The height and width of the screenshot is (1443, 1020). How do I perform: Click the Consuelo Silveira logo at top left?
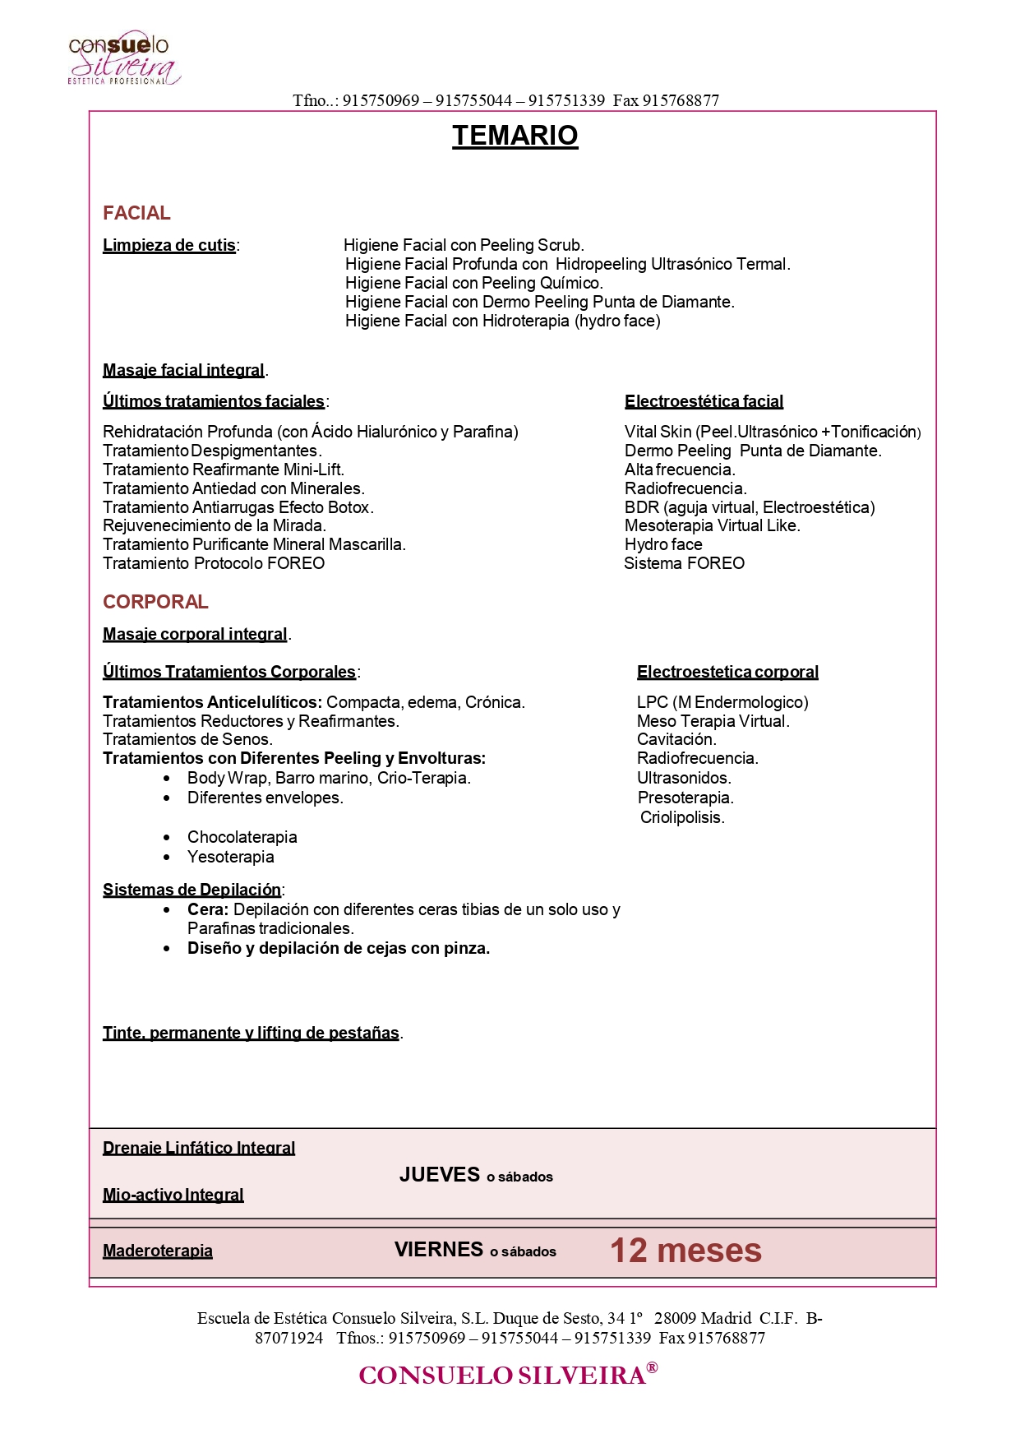[x=123, y=58]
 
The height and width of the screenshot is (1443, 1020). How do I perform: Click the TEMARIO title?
[x=515, y=136]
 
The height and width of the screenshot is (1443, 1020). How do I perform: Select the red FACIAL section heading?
[x=136, y=213]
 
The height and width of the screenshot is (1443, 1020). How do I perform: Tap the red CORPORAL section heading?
[x=155, y=602]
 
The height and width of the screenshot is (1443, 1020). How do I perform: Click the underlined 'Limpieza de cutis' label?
[x=169, y=245]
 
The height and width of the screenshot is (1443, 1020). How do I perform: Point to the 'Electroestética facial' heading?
[x=704, y=401]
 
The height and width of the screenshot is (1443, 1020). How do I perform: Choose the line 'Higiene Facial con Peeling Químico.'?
[x=474, y=283]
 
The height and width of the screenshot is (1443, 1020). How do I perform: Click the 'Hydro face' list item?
[x=663, y=544]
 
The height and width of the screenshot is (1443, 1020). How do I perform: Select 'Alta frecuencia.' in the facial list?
[x=680, y=469]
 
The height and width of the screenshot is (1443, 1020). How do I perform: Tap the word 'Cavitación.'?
[x=676, y=739]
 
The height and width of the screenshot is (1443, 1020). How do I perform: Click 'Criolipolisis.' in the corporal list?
[x=682, y=817]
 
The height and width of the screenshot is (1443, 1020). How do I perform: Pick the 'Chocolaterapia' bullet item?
[x=242, y=837]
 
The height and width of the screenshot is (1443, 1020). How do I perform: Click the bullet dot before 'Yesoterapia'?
[x=168, y=857]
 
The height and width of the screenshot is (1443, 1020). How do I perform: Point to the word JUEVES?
[x=440, y=1175]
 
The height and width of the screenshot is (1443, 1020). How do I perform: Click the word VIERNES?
[x=439, y=1250]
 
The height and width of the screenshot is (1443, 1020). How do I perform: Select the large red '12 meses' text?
[x=685, y=1251]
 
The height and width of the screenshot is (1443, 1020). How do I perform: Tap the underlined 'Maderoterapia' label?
[x=158, y=1251]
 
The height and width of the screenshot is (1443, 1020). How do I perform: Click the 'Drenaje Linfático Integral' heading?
[x=199, y=1148]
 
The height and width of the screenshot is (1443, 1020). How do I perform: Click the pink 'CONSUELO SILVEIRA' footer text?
[x=502, y=1375]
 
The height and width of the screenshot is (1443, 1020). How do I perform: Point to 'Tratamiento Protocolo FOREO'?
[x=214, y=563]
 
